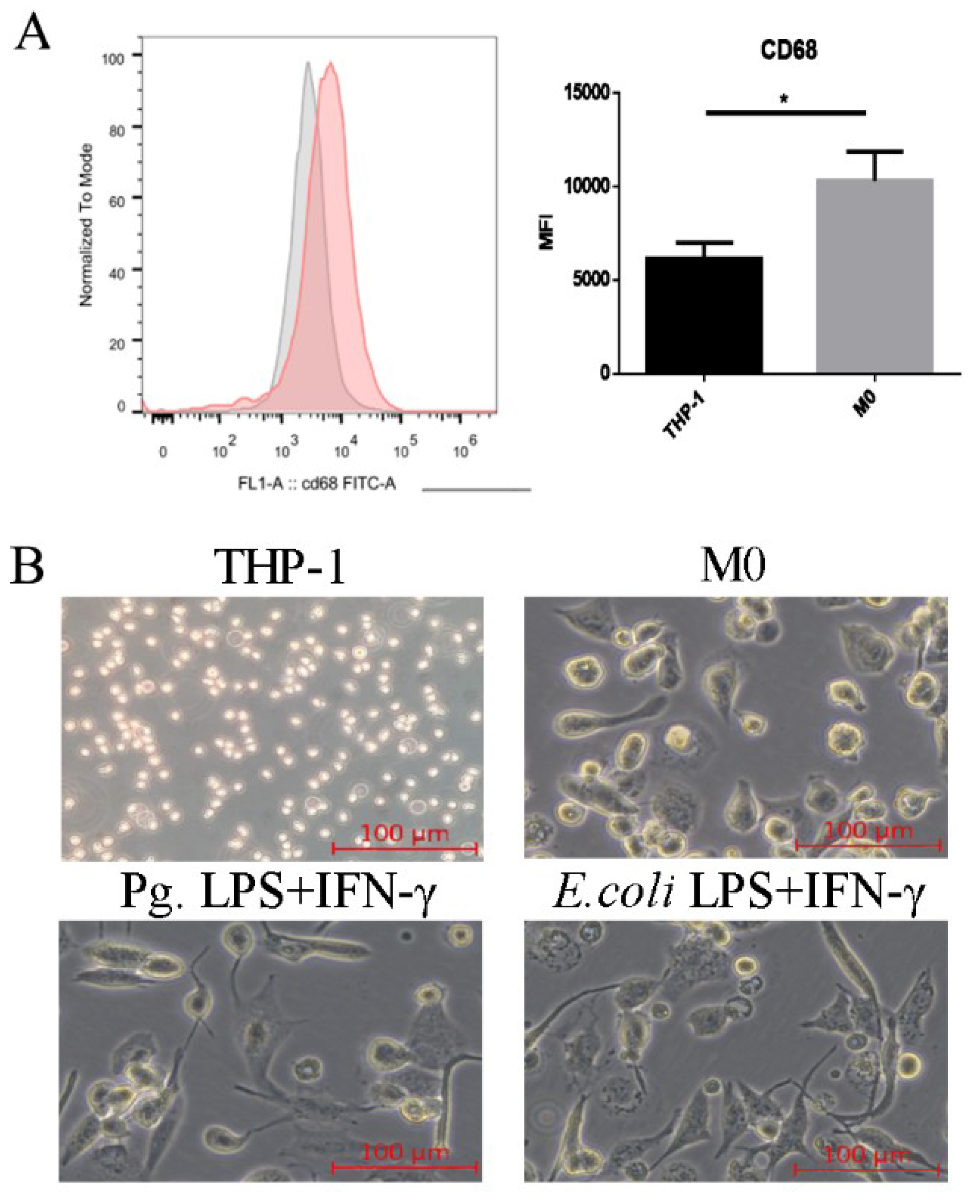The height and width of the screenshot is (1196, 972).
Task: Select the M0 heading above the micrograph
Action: click(x=734, y=567)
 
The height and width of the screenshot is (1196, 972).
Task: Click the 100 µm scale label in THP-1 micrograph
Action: click(x=404, y=833)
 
